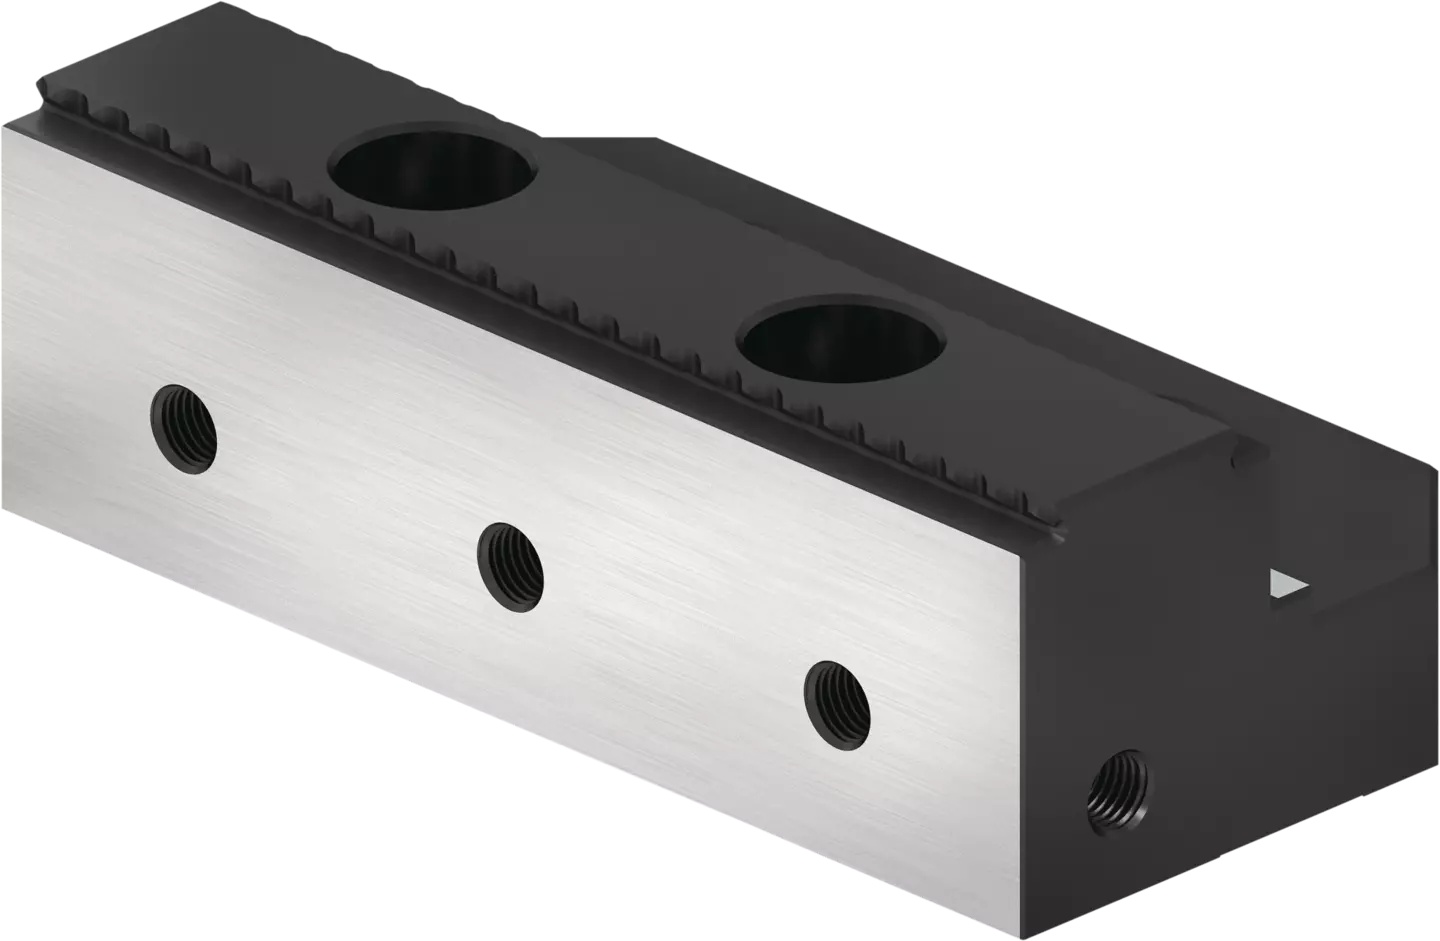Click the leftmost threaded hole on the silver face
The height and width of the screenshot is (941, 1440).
(184, 429)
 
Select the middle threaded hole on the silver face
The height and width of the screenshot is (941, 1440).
(510, 566)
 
